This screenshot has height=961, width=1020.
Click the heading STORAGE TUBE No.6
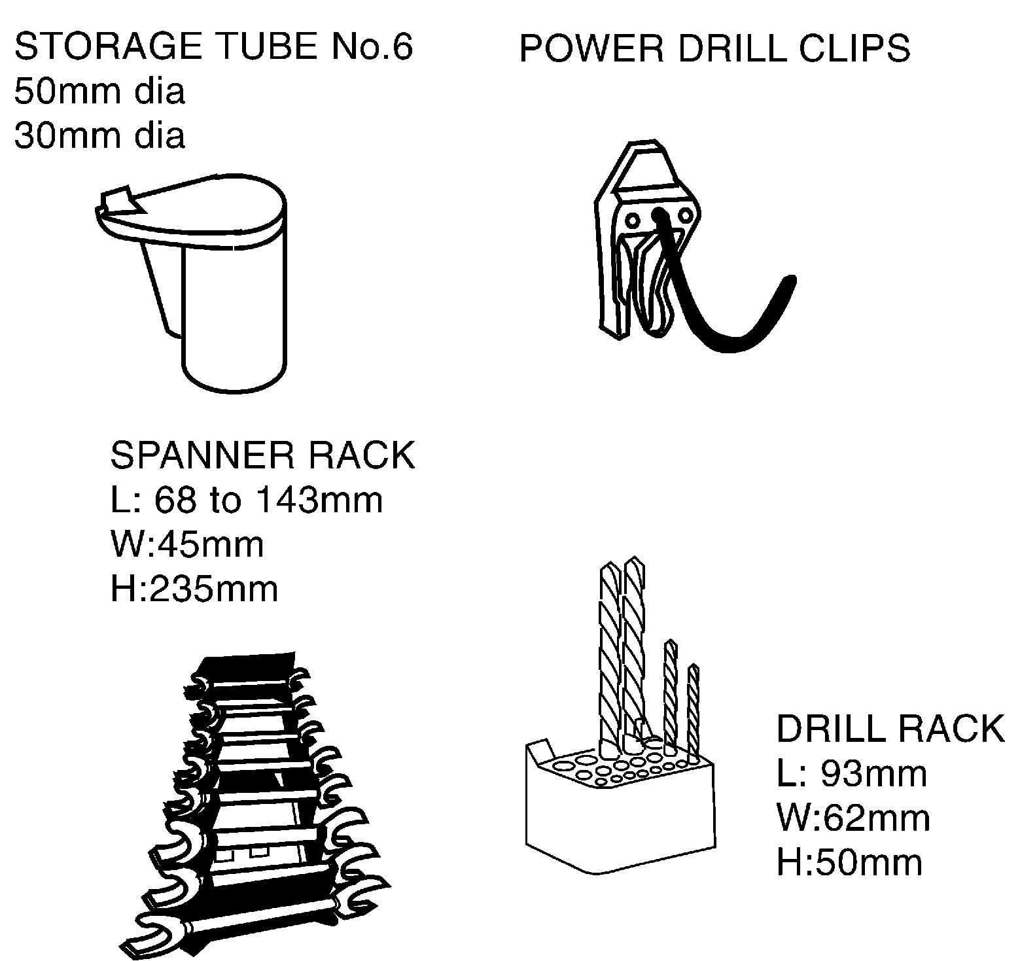pyautogui.click(x=213, y=46)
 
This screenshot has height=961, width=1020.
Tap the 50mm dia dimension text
pyautogui.click(x=99, y=91)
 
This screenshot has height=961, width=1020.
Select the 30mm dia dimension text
pyautogui.click(x=99, y=135)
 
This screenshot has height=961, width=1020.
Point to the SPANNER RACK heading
pyautogui.click(x=263, y=455)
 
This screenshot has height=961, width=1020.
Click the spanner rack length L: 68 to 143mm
pyautogui.click(x=247, y=500)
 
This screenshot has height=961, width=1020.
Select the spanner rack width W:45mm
pyautogui.click(x=187, y=544)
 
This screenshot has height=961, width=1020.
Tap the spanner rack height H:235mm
pyautogui.click(x=194, y=589)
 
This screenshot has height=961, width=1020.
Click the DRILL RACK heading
pyautogui.click(x=890, y=728)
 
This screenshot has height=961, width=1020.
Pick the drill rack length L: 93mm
pyautogui.click(x=852, y=774)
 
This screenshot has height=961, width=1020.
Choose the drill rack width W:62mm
pyautogui.click(x=853, y=818)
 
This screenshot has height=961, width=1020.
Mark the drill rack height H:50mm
pyautogui.click(x=849, y=862)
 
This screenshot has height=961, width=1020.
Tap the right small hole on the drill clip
pyautogui.click(x=686, y=215)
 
